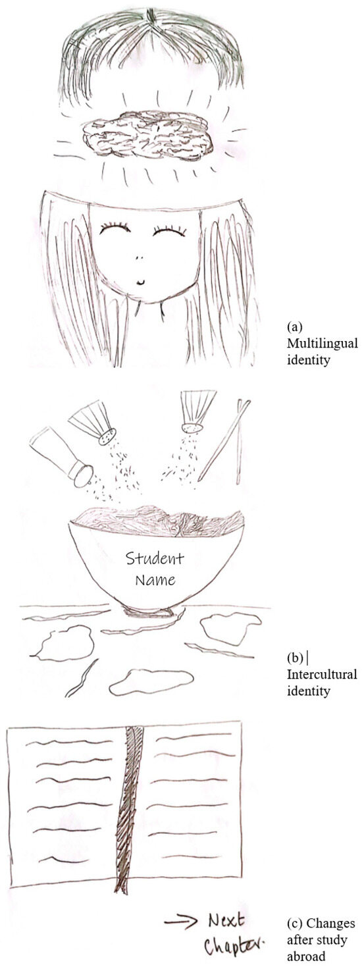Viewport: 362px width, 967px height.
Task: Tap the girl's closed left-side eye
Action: click(x=115, y=229)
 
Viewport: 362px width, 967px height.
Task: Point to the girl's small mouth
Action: click(x=141, y=282)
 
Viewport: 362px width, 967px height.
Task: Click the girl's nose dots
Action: click(x=140, y=258)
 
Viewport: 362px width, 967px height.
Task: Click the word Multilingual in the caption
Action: click(x=323, y=344)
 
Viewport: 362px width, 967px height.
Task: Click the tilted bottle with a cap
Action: click(x=61, y=457)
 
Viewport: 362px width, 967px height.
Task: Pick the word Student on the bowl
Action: click(x=155, y=558)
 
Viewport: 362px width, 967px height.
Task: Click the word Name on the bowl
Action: click(x=155, y=580)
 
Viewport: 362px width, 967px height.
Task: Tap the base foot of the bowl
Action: click(x=147, y=611)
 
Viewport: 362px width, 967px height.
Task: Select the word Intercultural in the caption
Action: click(x=322, y=674)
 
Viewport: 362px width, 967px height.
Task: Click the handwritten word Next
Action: click(x=226, y=920)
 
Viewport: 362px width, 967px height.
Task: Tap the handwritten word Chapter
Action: click(x=234, y=947)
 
